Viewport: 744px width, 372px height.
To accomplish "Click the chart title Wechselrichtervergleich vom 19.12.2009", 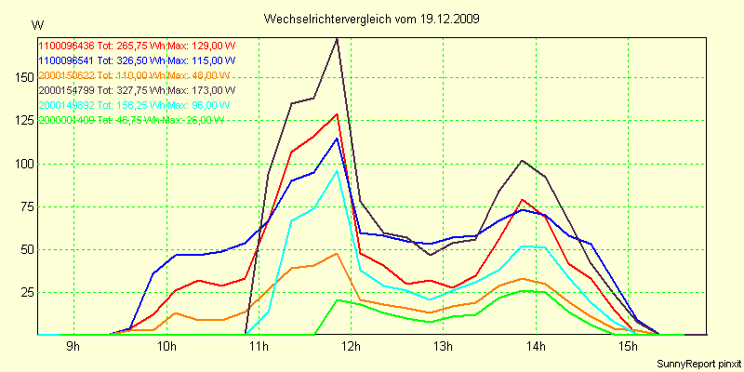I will pos(372,19).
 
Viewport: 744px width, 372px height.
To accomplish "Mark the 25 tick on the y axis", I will pos(24,292).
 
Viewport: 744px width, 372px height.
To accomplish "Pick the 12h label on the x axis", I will pos(351,347).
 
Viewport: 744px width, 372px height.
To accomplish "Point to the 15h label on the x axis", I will pos(628,347).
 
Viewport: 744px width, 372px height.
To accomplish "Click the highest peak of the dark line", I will pos(337,38).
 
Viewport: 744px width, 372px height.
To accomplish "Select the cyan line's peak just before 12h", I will pos(337,170).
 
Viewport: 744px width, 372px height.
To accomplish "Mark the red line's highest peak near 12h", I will pos(337,113).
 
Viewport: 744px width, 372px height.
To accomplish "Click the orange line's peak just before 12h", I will pos(337,253).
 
